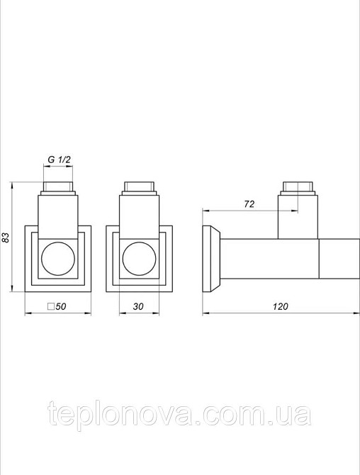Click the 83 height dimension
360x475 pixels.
[x=6, y=237]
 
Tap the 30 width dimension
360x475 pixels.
[x=139, y=306]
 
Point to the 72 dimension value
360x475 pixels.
[x=249, y=203]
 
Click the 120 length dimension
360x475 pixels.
[x=281, y=306]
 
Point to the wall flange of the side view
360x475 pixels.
[x=210, y=258]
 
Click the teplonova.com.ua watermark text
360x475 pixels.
[x=179, y=413]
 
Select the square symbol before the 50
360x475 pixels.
[x=50, y=307]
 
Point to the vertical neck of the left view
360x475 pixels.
[x=58, y=216]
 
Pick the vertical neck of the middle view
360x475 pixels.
[x=139, y=216]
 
